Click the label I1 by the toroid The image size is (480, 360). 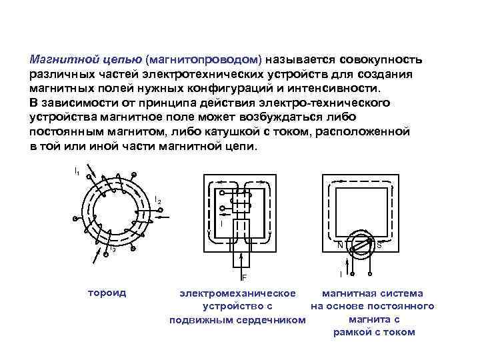(77, 172)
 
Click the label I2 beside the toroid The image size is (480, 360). (157, 200)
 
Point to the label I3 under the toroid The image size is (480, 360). (112, 250)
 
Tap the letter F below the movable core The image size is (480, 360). (244, 277)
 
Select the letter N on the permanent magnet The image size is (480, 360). (341, 245)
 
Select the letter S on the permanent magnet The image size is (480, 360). (379, 245)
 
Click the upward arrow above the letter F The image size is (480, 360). (244, 259)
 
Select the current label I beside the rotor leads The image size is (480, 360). (341, 274)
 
